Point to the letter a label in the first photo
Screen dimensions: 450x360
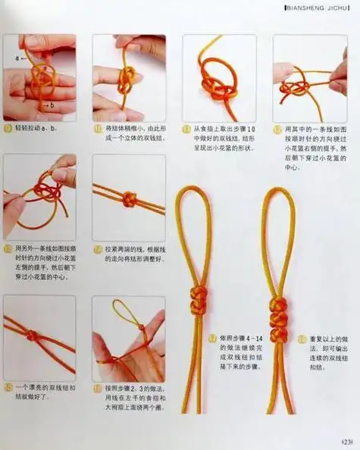click(17, 57)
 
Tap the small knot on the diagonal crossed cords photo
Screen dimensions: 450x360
click(32, 335)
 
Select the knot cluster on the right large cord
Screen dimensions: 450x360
click(278, 311)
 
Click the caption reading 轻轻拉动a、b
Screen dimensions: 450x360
click(38, 129)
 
